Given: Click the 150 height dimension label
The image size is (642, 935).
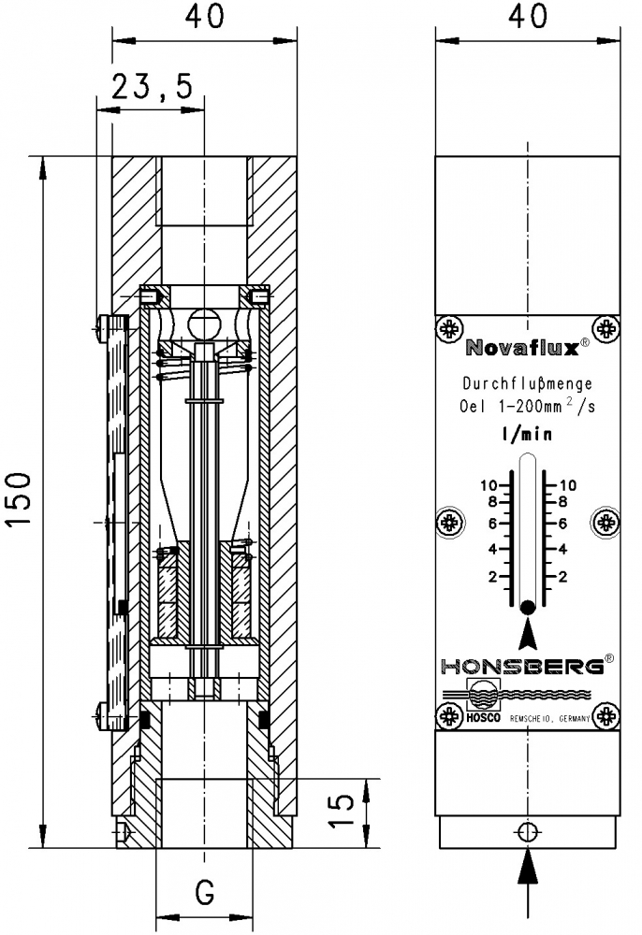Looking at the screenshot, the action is (x=19, y=498).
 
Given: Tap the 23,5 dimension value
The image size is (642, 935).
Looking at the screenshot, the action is (x=153, y=87).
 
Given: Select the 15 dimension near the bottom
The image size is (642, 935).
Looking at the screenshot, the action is (x=342, y=810).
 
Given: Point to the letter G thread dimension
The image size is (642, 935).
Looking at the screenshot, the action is (x=204, y=892).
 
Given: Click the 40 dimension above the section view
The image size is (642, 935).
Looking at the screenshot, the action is (x=205, y=16).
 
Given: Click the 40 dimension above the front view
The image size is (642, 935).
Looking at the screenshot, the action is (x=528, y=15).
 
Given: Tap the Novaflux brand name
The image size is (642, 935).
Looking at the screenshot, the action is (x=522, y=347).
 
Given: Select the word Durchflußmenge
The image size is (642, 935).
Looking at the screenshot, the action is (x=528, y=383).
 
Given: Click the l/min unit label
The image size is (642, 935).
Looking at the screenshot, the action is (x=527, y=434).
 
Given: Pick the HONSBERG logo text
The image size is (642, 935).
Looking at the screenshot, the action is (x=522, y=666).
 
